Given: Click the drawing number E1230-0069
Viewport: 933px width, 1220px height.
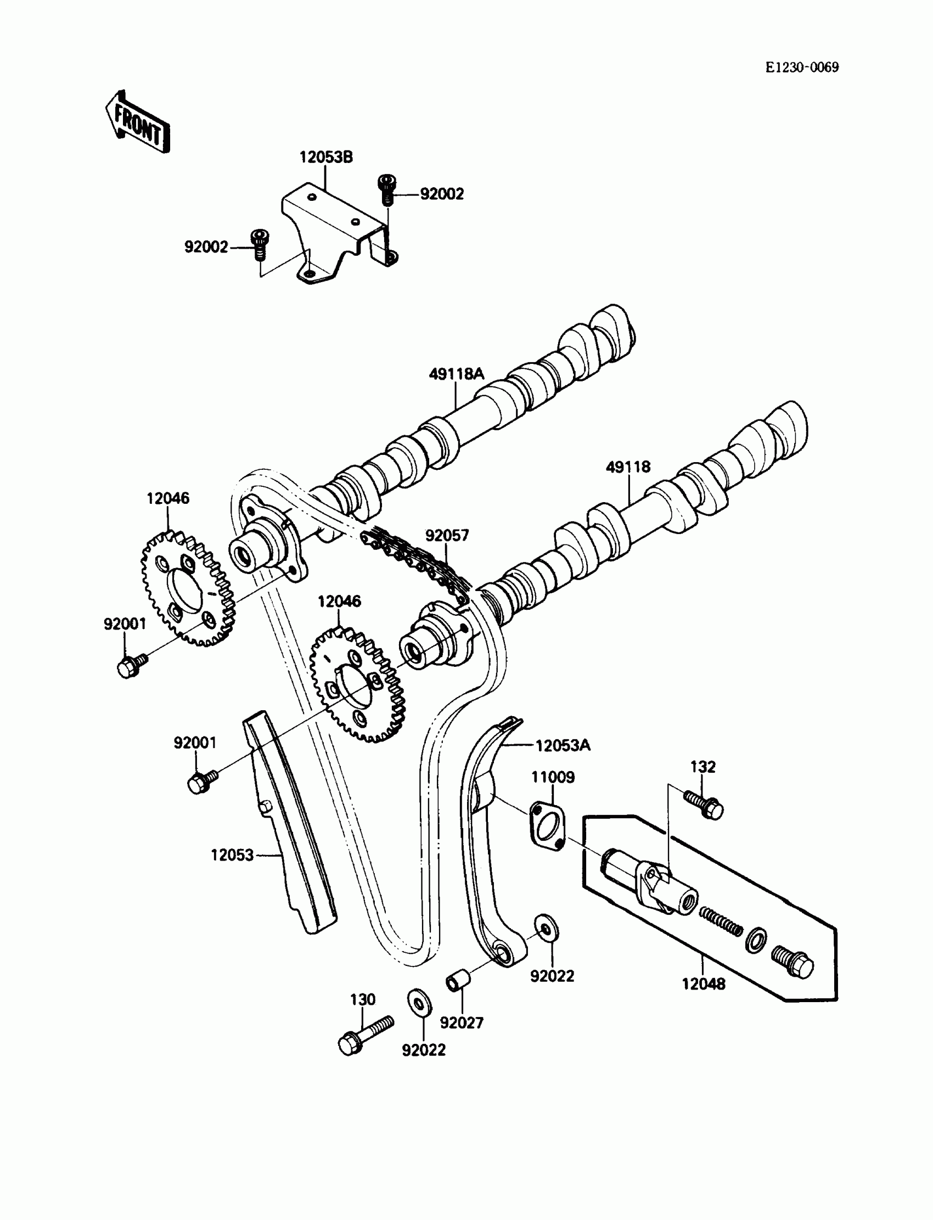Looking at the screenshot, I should pyautogui.click(x=802, y=67).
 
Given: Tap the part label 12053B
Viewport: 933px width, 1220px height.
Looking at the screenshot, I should pyautogui.click(x=326, y=157).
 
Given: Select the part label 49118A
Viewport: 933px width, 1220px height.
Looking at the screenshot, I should pyautogui.click(x=457, y=374).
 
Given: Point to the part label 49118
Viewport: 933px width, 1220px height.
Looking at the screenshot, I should pyautogui.click(x=628, y=466).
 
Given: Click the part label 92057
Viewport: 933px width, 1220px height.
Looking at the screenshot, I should pyautogui.click(x=447, y=535).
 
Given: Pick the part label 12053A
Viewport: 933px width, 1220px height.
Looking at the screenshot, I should pyautogui.click(x=563, y=745).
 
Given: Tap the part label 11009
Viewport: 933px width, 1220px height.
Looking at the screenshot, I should pyautogui.click(x=553, y=777).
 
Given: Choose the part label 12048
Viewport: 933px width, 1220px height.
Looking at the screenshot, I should pyautogui.click(x=704, y=984).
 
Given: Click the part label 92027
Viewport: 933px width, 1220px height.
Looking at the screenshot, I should pyautogui.click(x=462, y=1022).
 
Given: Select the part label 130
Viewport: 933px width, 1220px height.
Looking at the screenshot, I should pyautogui.click(x=363, y=999).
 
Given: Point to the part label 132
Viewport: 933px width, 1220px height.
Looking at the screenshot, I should pyautogui.click(x=702, y=766).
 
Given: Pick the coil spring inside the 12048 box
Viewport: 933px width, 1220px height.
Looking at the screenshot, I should pyautogui.click(x=720, y=921).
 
